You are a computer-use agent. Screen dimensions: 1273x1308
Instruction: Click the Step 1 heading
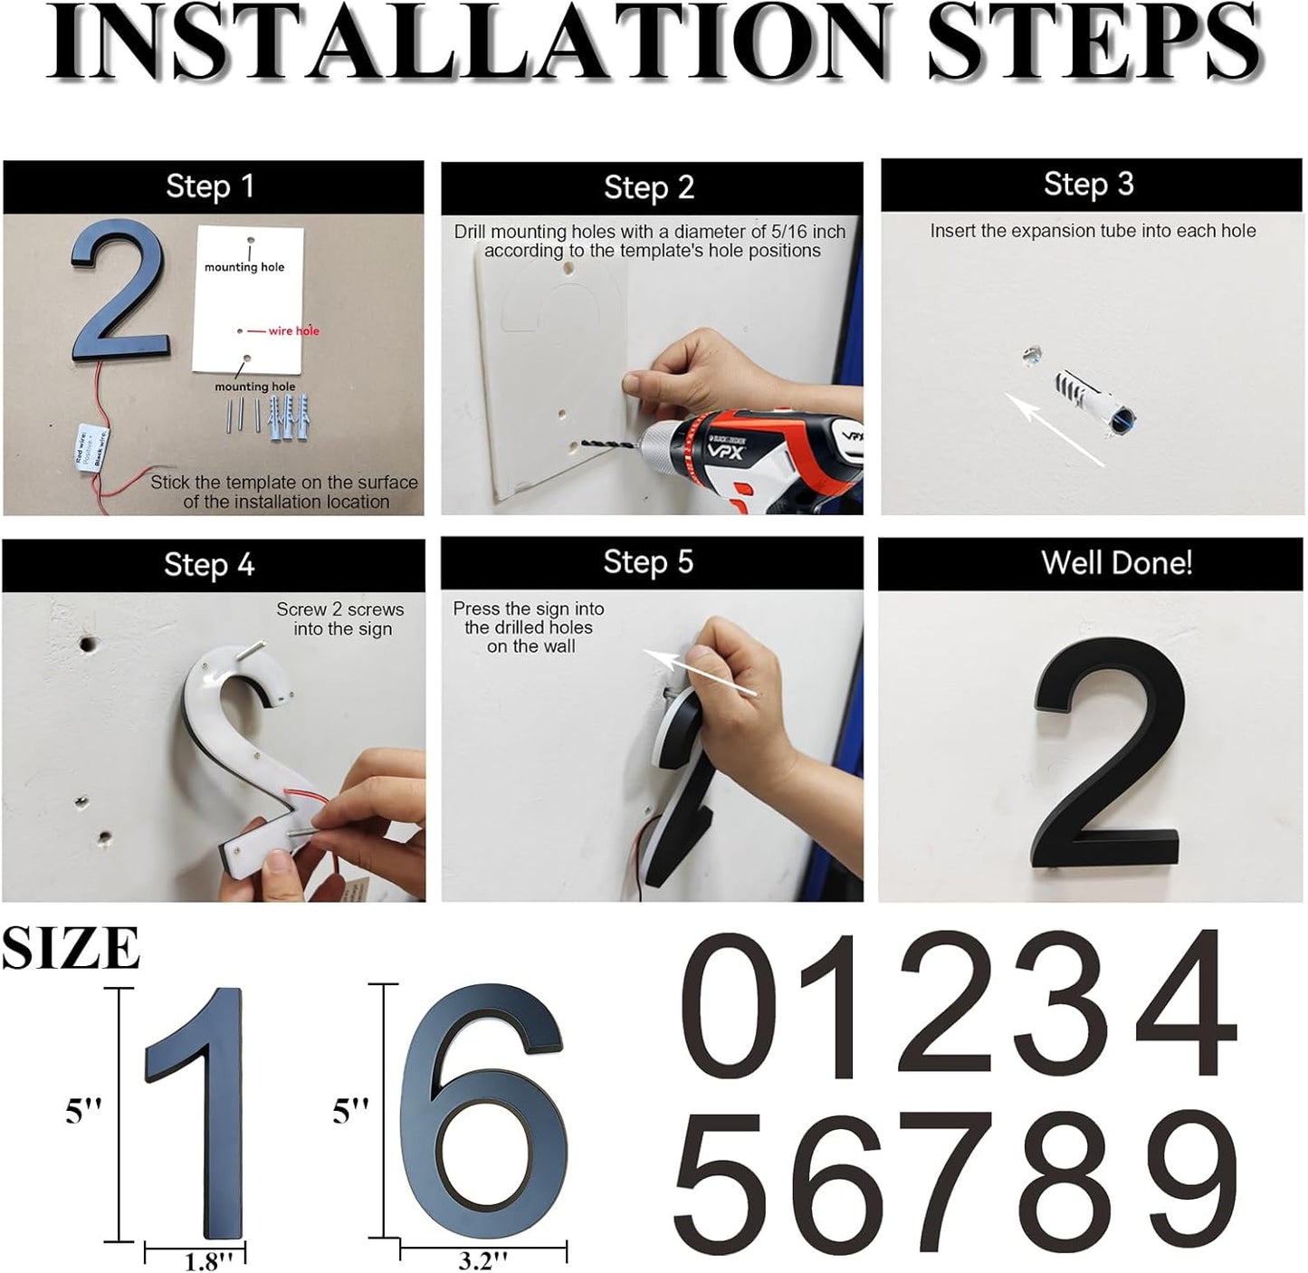click(210, 187)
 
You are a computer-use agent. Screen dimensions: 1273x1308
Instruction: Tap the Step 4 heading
click(209, 565)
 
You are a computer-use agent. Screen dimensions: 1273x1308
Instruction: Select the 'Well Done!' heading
click(1116, 563)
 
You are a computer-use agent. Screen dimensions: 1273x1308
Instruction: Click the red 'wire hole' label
click(293, 331)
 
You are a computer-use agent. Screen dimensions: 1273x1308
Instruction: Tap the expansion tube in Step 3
click(1090, 400)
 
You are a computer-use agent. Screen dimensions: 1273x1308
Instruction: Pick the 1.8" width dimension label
click(209, 1261)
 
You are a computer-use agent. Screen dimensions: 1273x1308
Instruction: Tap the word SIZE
click(71, 949)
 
